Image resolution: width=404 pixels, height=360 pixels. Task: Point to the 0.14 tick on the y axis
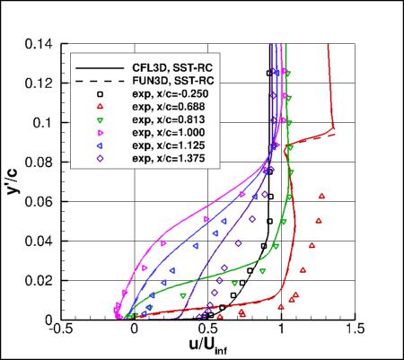pyautogui.click(x=40, y=43)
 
